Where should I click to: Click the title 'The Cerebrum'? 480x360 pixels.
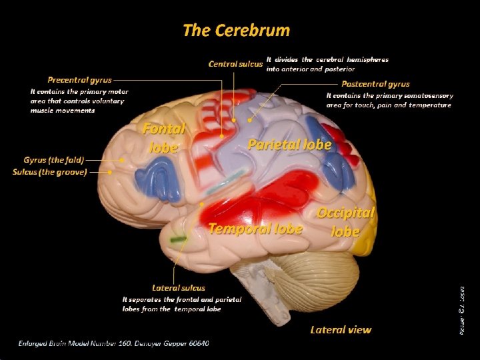236,30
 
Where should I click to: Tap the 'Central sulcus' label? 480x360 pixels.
235,64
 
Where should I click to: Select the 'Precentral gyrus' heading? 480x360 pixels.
79,80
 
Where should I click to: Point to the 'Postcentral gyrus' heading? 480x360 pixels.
375,84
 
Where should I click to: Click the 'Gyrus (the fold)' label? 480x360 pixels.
53,160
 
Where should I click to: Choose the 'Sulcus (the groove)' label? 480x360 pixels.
49,172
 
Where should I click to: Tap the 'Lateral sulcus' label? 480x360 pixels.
179,288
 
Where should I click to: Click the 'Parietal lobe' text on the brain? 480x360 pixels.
289,144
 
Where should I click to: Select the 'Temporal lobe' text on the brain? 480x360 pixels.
255,229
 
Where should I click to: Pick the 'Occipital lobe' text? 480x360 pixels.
346,221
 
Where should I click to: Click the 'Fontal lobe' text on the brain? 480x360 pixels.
163,137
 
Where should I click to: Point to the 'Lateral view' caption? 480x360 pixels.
341,329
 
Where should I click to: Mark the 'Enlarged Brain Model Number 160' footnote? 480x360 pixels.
113,343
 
